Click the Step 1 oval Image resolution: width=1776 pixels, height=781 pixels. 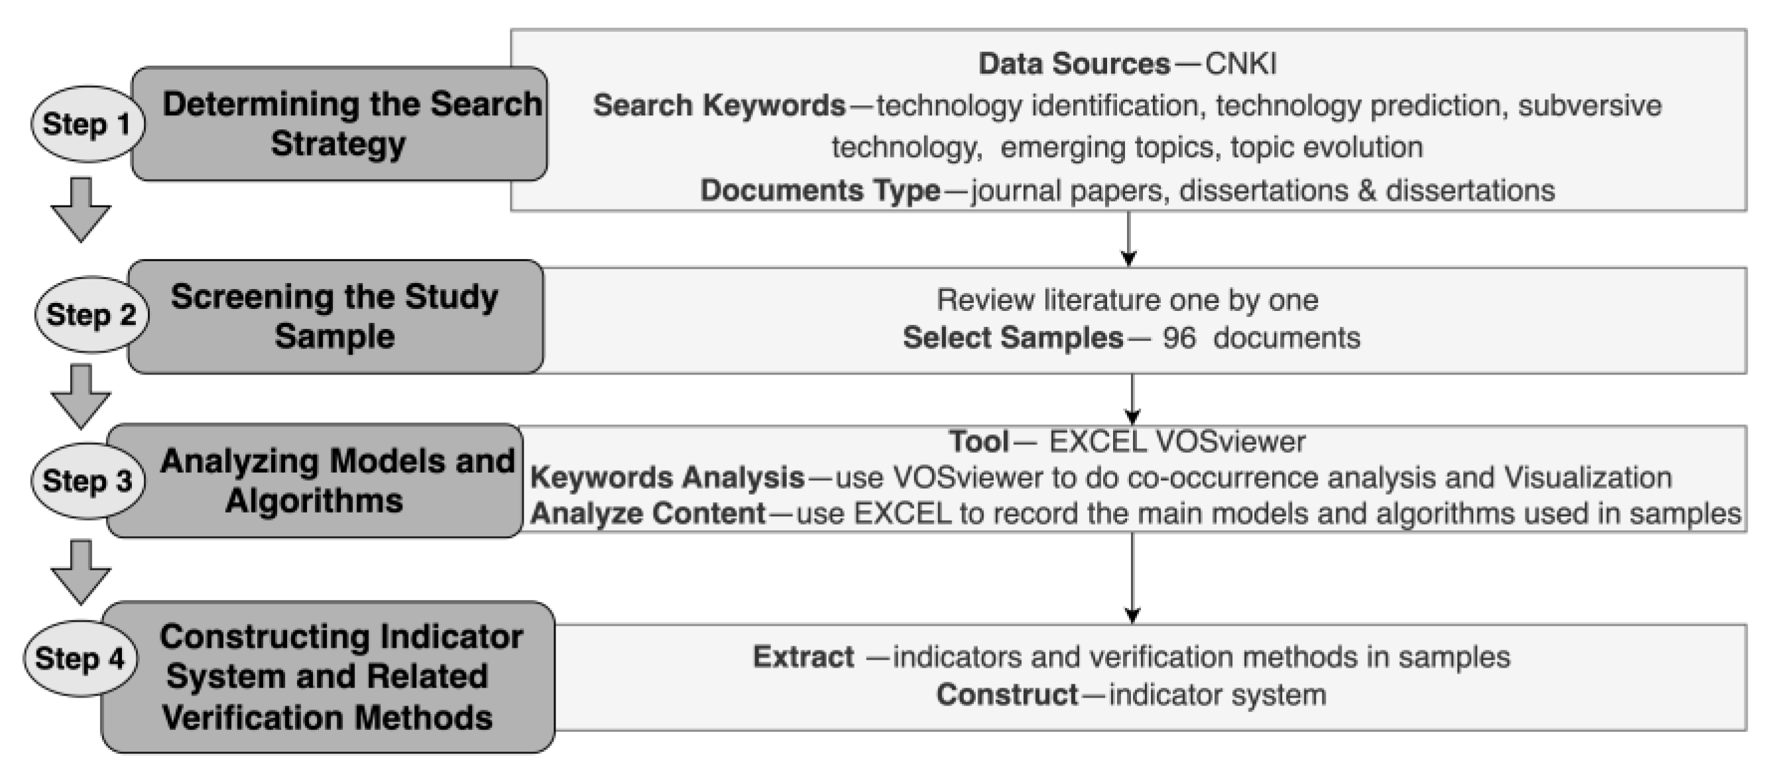pos(87,124)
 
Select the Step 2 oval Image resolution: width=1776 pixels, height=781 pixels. pos(91,314)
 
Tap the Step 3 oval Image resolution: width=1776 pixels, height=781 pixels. pos(87,481)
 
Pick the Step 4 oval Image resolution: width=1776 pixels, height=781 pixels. pos(80,658)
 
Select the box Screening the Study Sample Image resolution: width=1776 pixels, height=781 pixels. pos(335,316)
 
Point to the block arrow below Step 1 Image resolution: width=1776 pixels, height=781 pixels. pos(81,210)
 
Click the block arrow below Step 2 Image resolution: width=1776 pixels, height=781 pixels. pos(81,396)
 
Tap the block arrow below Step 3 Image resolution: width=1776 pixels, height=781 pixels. pos(81,572)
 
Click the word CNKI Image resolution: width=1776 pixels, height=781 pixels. pos(1240,64)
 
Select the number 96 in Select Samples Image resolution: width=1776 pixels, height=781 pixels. pos(1178,337)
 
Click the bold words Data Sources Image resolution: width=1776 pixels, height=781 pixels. pos(1074,64)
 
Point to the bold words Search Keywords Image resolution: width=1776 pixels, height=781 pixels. pos(719,105)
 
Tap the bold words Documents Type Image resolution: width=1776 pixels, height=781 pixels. pos(820,190)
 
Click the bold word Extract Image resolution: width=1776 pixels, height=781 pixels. pos(803,657)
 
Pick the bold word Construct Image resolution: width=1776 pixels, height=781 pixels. pos(1006,695)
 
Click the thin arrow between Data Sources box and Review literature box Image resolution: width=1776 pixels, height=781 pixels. pos(1128,239)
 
